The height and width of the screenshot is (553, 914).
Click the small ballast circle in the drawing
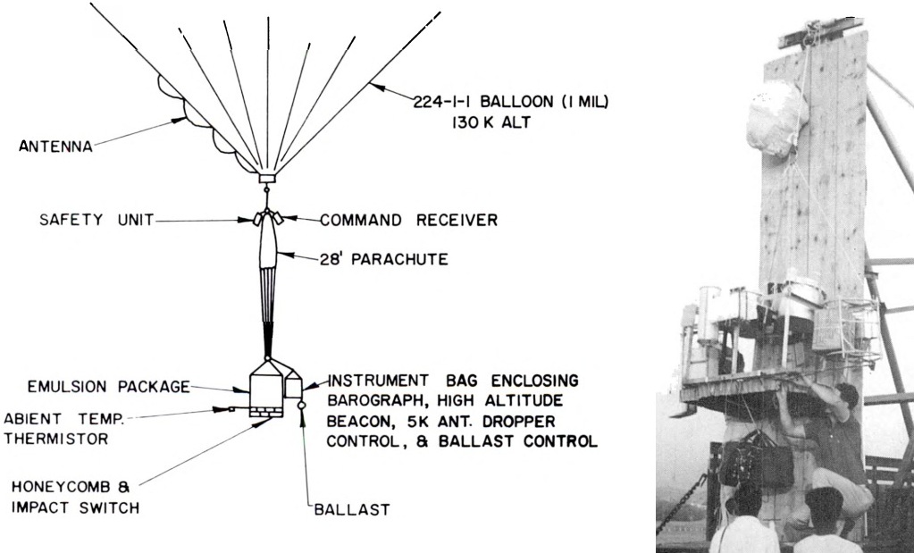pyautogui.click(x=302, y=406)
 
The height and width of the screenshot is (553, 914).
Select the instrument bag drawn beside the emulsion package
pyautogui.click(x=292, y=387)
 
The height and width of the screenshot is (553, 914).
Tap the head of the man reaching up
pyautogui.click(x=844, y=398)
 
